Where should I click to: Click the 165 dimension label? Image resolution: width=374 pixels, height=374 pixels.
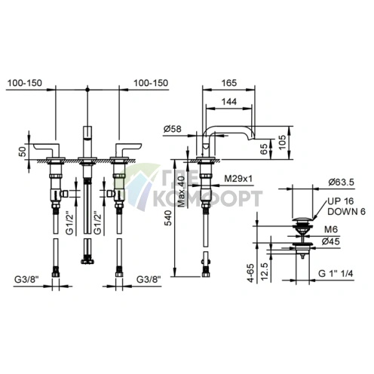click(229, 83)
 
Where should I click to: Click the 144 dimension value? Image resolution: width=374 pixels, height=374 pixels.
click(229, 102)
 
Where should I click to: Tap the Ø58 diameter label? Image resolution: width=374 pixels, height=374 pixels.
click(173, 129)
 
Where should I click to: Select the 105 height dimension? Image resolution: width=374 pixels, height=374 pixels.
click(283, 143)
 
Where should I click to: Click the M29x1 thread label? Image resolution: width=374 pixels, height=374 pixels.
click(238, 179)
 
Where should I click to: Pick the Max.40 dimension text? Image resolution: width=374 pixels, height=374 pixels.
click(181, 192)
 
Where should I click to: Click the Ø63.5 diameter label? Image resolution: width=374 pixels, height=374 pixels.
click(341, 182)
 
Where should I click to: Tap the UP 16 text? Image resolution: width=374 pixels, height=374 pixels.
click(341, 201)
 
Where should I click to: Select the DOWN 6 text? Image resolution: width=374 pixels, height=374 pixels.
click(346, 212)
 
